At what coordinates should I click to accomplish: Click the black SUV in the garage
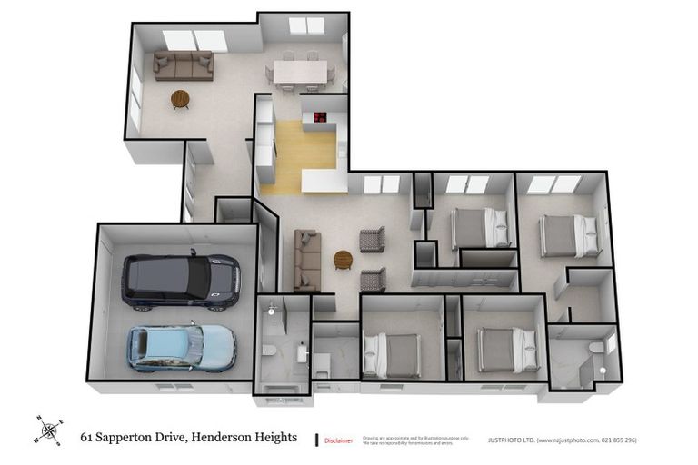(181, 281)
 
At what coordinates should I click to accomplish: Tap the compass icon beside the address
(49, 430)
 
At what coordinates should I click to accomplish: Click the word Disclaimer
(340, 440)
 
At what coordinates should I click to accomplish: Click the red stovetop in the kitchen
(320, 116)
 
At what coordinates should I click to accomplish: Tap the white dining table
(298, 71)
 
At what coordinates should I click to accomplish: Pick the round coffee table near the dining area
(180, 98)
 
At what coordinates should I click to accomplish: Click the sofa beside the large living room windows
(183, 65)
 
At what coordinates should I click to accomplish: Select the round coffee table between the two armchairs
(344, 260)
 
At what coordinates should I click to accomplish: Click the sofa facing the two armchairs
(306, 260)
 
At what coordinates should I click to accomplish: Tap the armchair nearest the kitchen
(373, 239)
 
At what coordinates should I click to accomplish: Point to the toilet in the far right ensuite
(596, 348)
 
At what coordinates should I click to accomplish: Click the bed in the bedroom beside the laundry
(391, 354)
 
